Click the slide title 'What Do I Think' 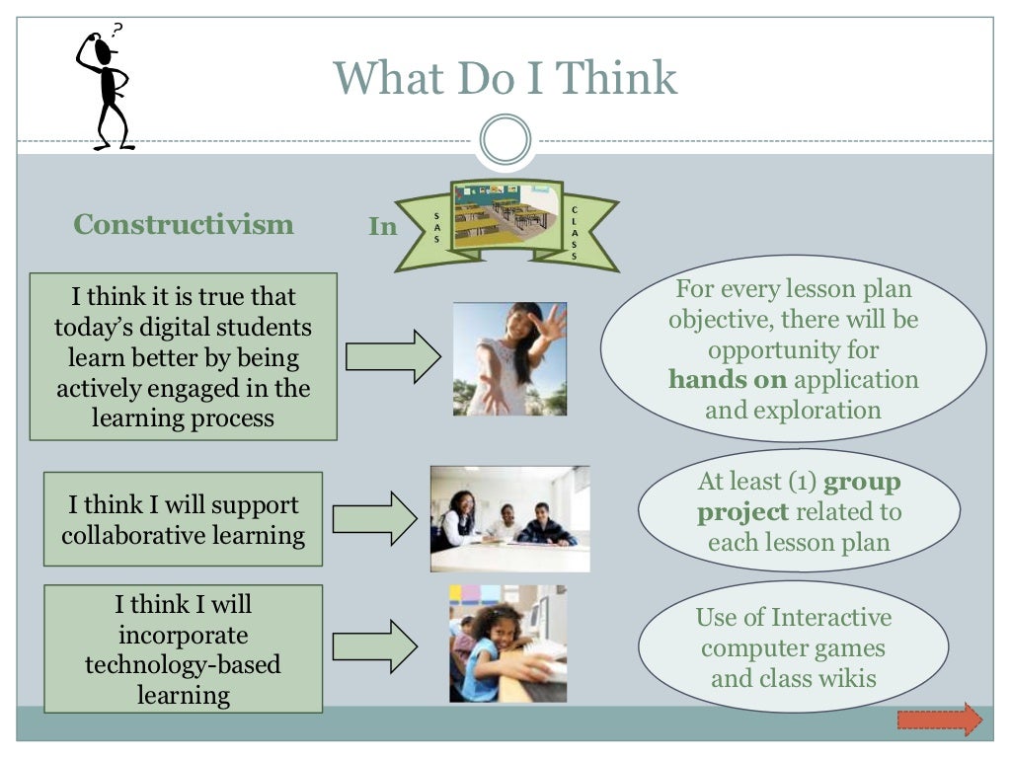(505, 78)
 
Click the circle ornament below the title (505, 139)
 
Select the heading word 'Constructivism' (184, 224)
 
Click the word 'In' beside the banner (382, 227)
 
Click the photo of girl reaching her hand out (509, 358)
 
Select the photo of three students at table (509, 518)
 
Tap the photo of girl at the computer (507, 644)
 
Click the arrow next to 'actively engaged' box (393, 356)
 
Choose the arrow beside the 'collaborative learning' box (375, 519)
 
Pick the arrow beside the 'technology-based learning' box (375, 646)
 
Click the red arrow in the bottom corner (940, 720)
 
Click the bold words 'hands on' (728, 380)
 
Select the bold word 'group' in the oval (862, 482)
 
